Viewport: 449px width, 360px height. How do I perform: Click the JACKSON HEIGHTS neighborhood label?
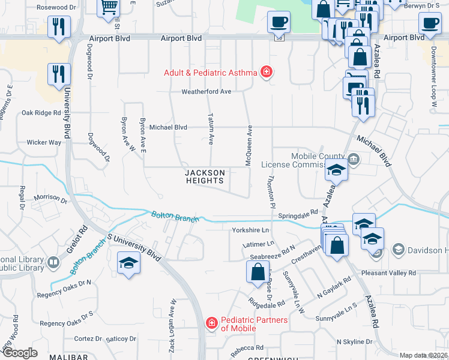coord(205,176)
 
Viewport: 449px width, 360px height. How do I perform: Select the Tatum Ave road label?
coord(211,128)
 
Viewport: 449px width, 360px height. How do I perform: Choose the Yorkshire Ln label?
coord(250,230)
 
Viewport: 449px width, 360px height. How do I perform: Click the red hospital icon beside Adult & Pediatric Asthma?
coord(266,73)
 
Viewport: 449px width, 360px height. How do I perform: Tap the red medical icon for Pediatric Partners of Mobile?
coord(211,324)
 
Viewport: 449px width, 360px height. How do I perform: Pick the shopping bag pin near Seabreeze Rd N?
coord(257,272)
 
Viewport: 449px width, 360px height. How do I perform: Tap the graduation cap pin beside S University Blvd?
coord(128,264)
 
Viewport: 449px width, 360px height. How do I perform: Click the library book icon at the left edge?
coord(53,263)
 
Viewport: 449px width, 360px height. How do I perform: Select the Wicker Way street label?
coord(44,143)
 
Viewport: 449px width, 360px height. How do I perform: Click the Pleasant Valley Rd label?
coord(388,273)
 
